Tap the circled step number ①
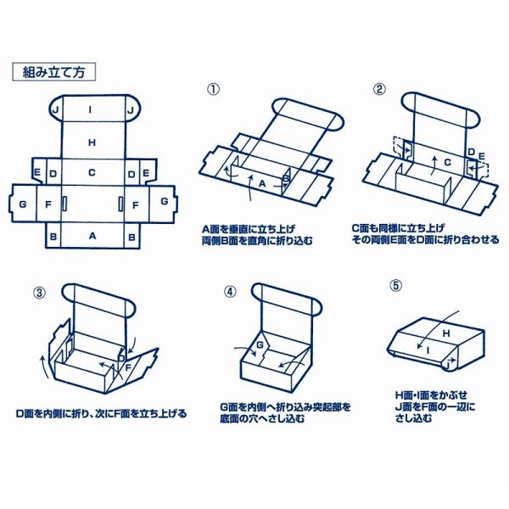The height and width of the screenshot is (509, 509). pyautogui.click(x=214, y=89)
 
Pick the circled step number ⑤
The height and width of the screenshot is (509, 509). pyautogui.click(x=394, y=286)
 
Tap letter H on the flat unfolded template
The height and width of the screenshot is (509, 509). pyautogui.click(x=92, y=142)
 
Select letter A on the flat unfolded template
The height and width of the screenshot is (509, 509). pyautogui.click(x=92, y=237)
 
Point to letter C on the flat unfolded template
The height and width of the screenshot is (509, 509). pyautogui.click(x=92, y=173)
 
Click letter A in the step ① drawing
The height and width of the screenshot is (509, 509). pyautogui.click(x=262, y=182)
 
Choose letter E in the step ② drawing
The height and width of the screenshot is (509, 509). pyautogui.click(x=481, y=156)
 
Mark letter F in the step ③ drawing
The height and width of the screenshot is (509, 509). pyautogui.click(x=128, y=369)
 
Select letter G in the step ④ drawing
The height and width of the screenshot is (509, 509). pyautogui.click(x=260, y=345)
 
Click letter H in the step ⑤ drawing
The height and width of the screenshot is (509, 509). pyautogui.click(x=443, y=333)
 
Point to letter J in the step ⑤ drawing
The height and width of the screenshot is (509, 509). pyautogui.click(x=445, y=361)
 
